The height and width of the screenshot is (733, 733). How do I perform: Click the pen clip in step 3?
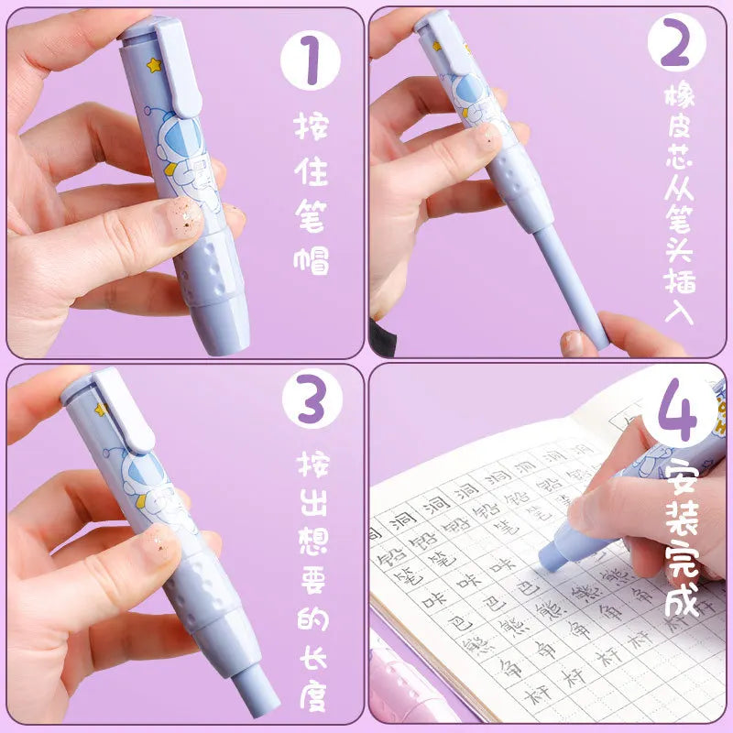[x=124, y=412]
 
